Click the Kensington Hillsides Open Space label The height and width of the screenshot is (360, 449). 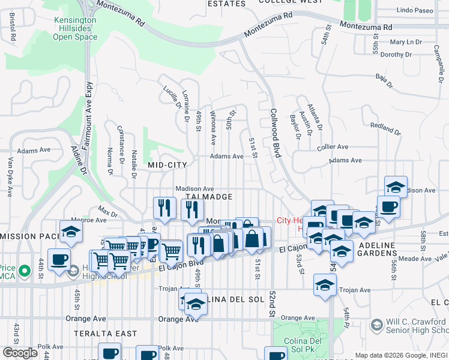pos(74,28)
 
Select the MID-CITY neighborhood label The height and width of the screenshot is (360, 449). pos(169,164)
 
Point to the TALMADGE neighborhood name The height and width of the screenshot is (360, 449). pos(209,197)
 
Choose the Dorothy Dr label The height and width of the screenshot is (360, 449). pos(396,55)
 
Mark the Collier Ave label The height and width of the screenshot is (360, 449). pos(333,146)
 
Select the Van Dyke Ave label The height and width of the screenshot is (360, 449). pos(11,177)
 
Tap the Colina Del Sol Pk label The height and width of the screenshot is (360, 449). pos(302,350)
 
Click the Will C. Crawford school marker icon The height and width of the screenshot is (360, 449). pos(376,325)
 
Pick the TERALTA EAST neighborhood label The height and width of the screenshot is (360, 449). pos(106,333)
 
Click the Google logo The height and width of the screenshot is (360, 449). pos(20,352)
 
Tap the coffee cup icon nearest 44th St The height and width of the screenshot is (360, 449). pos(59,259)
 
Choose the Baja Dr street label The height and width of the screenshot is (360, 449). pos(380,76)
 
